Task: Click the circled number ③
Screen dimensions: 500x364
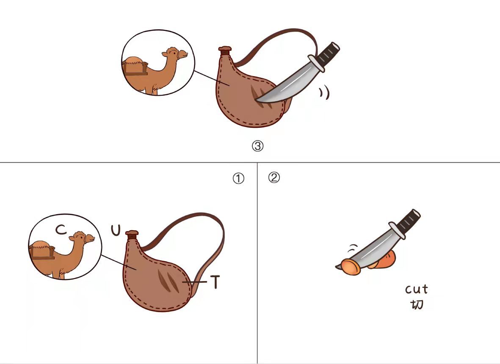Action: [x=258, y=146]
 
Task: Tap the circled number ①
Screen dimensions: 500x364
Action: [x=238, y=179]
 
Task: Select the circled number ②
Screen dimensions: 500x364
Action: [x=274, y=177]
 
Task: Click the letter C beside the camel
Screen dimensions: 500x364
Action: [x=61, y=229]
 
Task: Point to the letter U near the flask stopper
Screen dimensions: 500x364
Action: [x=116, y=230]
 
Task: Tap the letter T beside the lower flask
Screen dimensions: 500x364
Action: [x=216, y=282]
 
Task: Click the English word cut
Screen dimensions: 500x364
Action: [x=417, y=290]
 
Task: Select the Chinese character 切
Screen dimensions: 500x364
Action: [x=417, y=304]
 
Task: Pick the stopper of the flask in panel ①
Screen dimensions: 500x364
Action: [x=132, y=234]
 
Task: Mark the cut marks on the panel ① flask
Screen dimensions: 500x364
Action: [x=169, y=281]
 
